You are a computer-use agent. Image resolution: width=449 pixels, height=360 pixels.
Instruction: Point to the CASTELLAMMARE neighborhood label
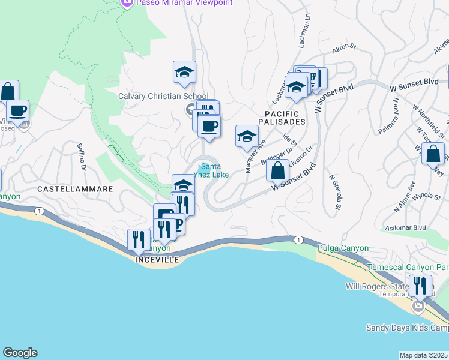pyautogui.click(x=76, y=188)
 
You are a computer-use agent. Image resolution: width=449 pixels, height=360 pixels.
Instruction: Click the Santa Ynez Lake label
pyautogui.click(x=214, y=170)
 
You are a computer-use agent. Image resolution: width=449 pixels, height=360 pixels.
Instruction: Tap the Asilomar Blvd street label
pyautogui.click(x=409, y=228)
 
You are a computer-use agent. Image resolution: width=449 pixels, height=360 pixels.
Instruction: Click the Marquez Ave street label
pyautogui.click(x=255, y=156)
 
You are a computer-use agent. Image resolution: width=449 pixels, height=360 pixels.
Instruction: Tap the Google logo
pyautogui.click(x=20, y=353)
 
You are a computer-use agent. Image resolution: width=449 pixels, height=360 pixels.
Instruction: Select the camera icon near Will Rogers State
pyautogui.click(x=418, y=307)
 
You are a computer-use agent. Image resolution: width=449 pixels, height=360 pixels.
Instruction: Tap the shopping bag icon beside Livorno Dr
pyautogui.click(x=277, y=170)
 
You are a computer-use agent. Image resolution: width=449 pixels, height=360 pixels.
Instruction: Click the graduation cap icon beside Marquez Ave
pyautogui.click(x=247, y=136)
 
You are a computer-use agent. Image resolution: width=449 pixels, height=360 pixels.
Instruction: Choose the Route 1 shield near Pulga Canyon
pyautogui.click(x=298, y=239)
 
